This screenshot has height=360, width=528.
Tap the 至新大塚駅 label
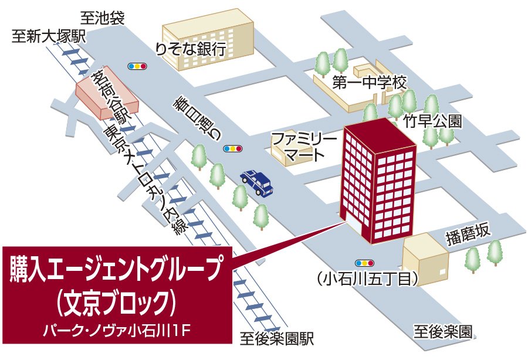click(49, 36)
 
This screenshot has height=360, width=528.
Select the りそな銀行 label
click(191, 49)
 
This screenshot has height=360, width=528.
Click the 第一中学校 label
click(369, 83)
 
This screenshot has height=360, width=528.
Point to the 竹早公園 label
click(433, 121)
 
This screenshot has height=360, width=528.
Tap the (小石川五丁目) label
click(367, 279)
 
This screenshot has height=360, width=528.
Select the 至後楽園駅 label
click(277, 338)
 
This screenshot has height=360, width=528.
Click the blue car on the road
click(257, 182)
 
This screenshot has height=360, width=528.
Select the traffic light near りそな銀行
click(137, 66)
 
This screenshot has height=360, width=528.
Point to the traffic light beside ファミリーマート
click(233, 149)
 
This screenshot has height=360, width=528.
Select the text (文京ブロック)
click(117, 303)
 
